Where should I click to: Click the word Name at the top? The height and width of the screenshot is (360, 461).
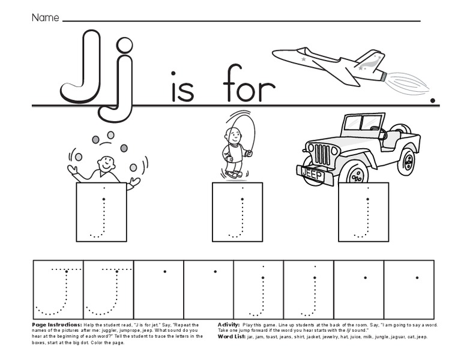[45, 17]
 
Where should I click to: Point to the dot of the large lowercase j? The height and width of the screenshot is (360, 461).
[124, 45]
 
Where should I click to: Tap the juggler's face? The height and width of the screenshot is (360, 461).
[106, 163]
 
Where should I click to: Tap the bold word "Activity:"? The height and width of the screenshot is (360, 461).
[229, 325]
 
